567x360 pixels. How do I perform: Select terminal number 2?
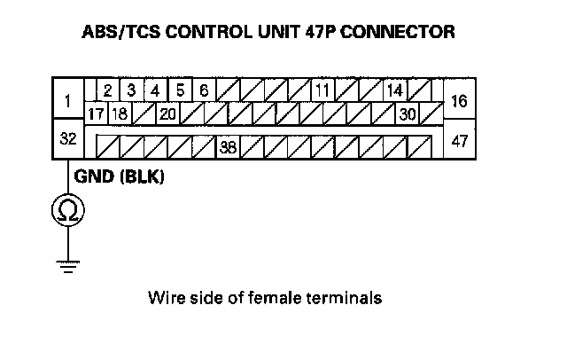point(107,90)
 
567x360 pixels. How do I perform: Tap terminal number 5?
point(180,90)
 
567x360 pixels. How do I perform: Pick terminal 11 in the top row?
point(322,90)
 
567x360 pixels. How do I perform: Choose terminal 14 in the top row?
point(394,90)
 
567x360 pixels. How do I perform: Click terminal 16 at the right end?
point(459,102)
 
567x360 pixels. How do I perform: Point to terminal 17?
point(96,114)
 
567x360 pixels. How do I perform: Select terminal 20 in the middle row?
point(167,114)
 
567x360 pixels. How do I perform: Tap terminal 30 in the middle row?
point(408,114)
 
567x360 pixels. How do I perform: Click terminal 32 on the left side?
point(67,140)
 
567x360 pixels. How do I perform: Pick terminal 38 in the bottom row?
point(227,147)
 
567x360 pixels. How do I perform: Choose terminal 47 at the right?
point(459,140)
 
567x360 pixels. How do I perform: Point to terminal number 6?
point(204,90)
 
